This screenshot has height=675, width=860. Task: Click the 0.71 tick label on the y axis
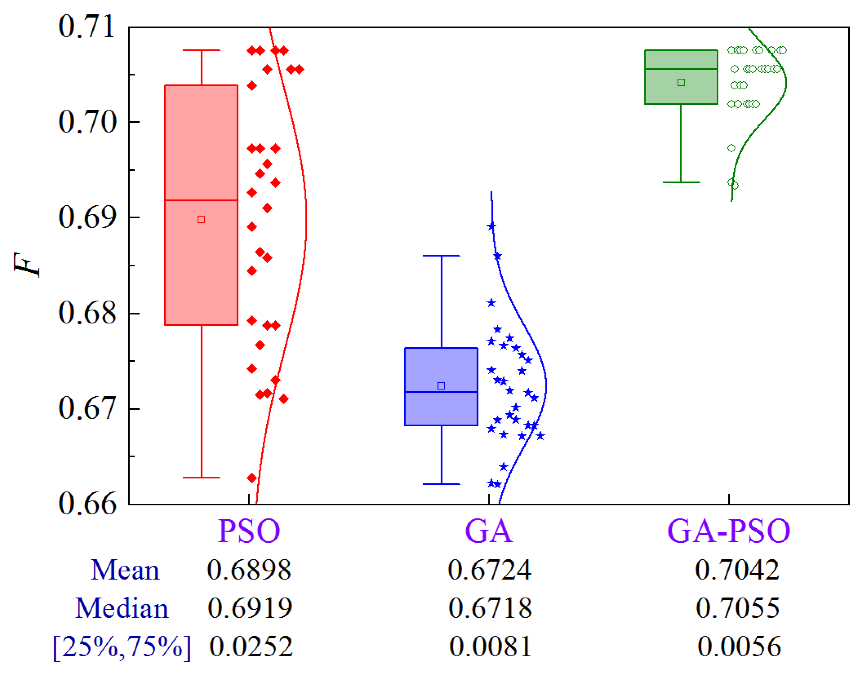click(87, 27)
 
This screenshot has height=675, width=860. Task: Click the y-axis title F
click(27, 265)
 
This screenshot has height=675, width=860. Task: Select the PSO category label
click(249, 531)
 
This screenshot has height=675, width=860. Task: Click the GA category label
click(488, 531)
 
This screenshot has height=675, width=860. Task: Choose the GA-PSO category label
click(729, 531)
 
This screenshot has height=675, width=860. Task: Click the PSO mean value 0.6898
click(249, 569)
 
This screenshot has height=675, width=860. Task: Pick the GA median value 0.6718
click(490, 608)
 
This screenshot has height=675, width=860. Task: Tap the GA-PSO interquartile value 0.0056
click(739, 646)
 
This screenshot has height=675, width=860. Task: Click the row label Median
click(122, 608)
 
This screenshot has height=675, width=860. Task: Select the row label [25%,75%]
click(122, 647)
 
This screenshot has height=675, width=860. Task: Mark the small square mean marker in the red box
click(201, 219)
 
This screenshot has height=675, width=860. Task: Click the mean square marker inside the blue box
click(441, 386)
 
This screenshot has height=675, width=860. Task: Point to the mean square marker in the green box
click(681, 82)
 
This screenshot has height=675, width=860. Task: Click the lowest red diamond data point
click(252, 478)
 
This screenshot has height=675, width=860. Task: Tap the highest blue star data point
click(492, 226)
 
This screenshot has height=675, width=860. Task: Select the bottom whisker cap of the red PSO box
click(201, 477)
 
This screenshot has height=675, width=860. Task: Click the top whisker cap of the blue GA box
click(441, 256)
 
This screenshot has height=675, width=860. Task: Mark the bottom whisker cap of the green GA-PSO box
click(681, 182)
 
